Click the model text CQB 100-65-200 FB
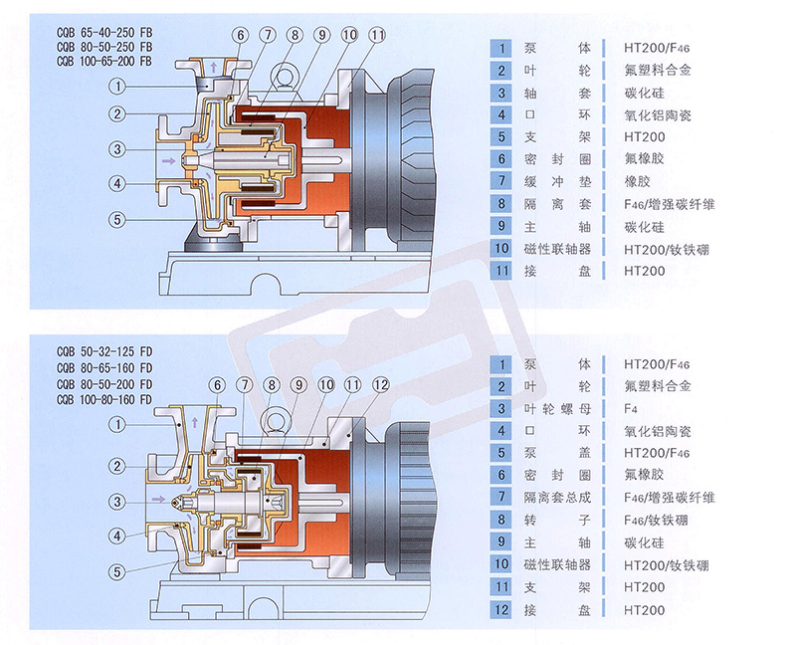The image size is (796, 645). click(104, 61)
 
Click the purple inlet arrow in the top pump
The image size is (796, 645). click(168, 159)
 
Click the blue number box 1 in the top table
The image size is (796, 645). click(503, 47)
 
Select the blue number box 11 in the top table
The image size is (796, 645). click(503, 271)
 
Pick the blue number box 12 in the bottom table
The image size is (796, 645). click(503, 610)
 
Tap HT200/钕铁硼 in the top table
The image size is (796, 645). click(666, 248)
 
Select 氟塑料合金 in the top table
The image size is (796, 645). click(658, 70)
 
